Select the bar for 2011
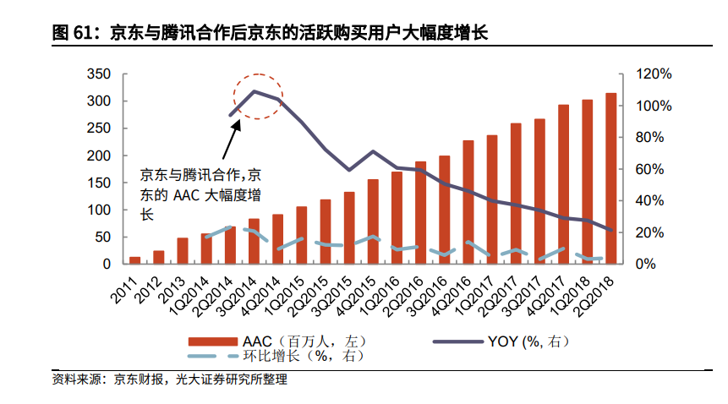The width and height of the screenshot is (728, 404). tap(134, 259)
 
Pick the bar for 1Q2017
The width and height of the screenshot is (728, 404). tap(492, 199)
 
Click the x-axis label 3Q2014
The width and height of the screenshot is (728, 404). tap(241, 292)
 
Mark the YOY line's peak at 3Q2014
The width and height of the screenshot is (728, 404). tap(254, 90)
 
